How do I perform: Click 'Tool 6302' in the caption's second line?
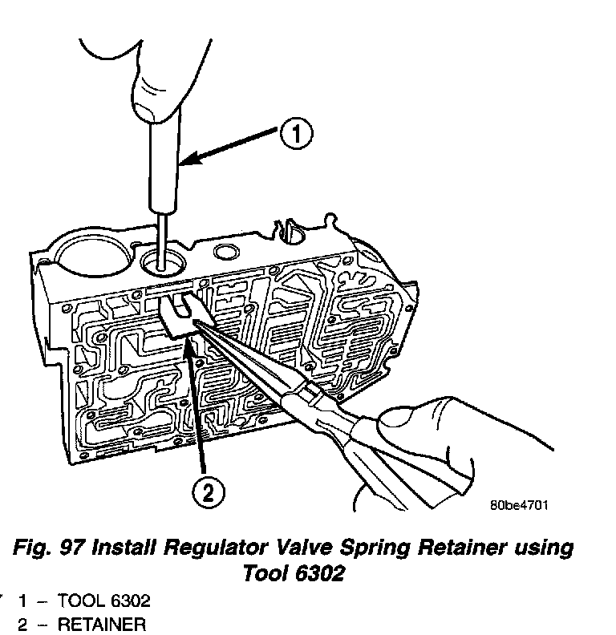point(292,574)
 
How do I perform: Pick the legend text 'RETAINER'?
point(100,623)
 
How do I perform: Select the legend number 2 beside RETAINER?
point(25,623)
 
